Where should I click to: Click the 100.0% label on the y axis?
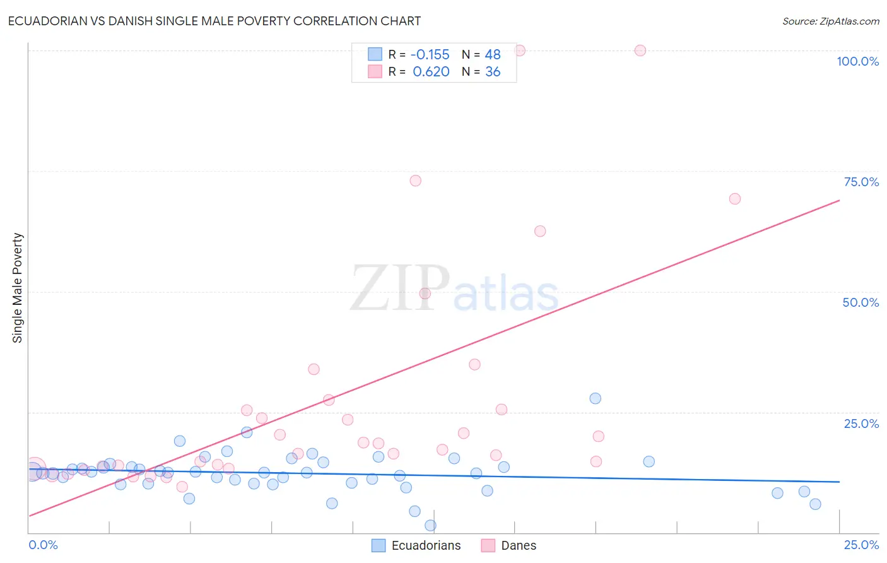(x=857, y=61)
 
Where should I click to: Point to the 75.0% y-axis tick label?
(x=861, y=182)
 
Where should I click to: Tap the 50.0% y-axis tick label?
(x=861, y=302)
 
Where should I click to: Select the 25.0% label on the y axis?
(x=861, y=424)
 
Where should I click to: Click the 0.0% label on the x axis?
(x=44, y=545)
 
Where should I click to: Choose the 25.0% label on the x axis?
(x=861, y=545)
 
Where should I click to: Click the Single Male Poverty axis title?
(x=18, y=288)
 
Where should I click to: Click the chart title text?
(x=214, y=21)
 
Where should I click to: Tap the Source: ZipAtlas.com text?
(x=830, y=21)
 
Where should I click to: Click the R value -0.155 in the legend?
(x=430, y=55)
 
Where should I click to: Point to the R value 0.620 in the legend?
(x=431, y=72)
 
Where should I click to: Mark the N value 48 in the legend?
(x=493, y=55)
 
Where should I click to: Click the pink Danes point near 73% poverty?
(x=415, y=181)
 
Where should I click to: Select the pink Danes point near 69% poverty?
(x=734, y=199)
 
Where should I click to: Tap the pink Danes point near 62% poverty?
(x=540, y=231)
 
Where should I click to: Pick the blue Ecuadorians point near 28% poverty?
(x=595, y=398)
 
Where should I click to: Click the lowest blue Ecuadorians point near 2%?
(x=430, y=525)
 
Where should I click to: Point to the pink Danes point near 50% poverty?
(x=425, y=293)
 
